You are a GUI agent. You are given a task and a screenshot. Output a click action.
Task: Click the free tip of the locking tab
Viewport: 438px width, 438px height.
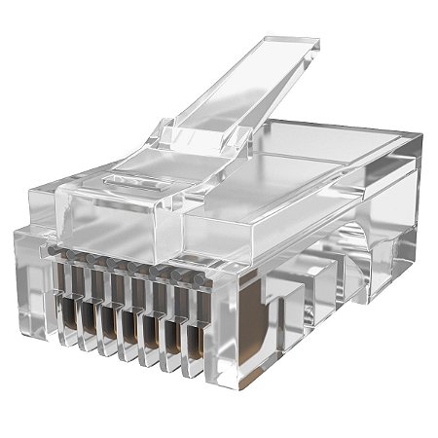293,48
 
